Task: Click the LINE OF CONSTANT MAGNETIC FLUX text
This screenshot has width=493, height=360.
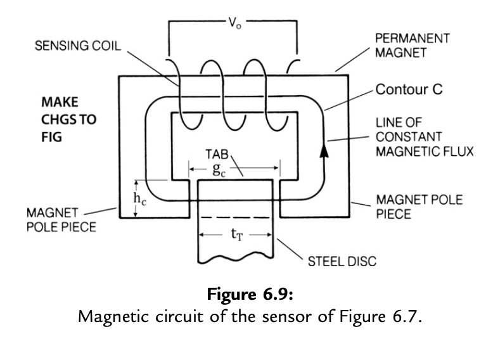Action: [415, 138]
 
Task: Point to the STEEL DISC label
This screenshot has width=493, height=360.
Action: [342, 262]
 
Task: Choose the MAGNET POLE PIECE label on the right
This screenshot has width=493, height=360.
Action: [419, 207]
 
